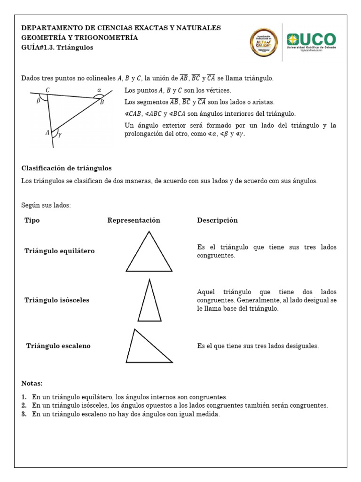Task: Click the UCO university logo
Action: [311, 41]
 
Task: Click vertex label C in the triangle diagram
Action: [48, 90]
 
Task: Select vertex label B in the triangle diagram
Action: [102, 103]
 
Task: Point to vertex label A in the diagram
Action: [47, 133]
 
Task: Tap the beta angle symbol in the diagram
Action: [39, 100]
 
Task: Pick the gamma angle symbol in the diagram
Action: [60, 134]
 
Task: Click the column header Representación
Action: [133, 220]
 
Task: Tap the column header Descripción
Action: [217, 220]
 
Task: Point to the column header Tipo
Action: [32, 220]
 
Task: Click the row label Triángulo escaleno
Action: [58, 346]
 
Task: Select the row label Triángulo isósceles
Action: [56, 300]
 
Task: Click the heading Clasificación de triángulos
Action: [66, 168]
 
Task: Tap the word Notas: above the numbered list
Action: [32, 383]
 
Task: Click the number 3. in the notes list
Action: [24, 414]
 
